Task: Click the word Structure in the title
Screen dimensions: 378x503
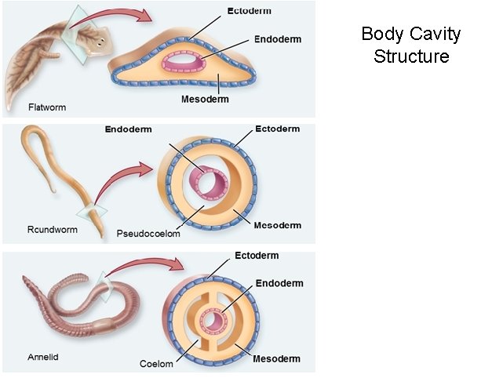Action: (411, 56)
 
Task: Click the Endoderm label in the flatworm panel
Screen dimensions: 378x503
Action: (277, 38)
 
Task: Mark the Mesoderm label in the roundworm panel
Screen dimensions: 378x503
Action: (278, 225)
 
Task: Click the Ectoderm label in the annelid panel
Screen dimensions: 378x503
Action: (257, 256)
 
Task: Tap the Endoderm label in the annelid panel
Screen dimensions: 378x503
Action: (279, 282)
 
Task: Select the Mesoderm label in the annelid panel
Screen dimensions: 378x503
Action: (277, 358)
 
